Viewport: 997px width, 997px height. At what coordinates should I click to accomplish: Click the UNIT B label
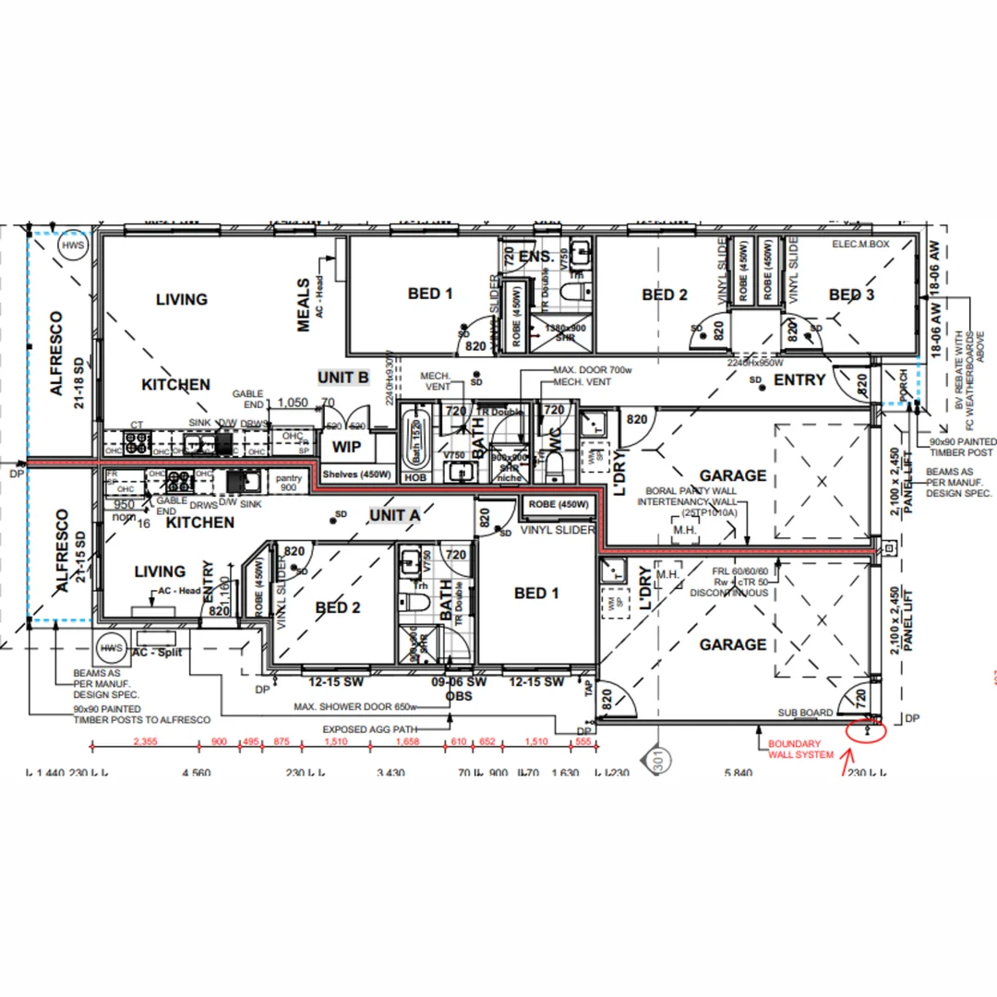[343, 378]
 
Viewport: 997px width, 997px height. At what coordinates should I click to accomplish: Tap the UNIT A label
[394, 514]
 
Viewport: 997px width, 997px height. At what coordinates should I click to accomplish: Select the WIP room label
[346, 447]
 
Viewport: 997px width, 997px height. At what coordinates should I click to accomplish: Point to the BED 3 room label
[851, 294]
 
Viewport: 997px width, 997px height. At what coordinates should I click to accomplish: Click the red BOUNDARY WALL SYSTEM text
[794, 749]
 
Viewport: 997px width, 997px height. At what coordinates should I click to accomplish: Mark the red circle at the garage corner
[867, 732]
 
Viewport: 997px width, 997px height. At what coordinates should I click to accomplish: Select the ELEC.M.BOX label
[861, 245]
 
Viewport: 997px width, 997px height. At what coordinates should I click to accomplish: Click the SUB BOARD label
[806, 713]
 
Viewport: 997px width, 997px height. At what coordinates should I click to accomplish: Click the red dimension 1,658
[407, 742]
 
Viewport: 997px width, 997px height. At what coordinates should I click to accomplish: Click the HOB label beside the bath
[414, 478]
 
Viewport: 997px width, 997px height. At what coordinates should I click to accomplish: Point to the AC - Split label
[158, 652]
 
